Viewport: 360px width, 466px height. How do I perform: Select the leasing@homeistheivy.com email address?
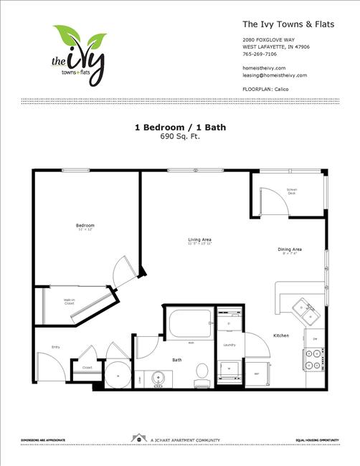(x=275, y=75)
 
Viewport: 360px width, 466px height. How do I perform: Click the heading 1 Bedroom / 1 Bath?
(x=179, y=128)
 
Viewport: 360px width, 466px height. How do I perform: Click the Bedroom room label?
(x=85, y=226)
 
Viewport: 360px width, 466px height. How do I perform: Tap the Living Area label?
(x=200, y=239)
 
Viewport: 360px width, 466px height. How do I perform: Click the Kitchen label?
(x=281, y=336)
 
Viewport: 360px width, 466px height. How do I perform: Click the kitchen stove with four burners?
(x=314, y=358)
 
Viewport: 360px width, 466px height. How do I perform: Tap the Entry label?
(x=55, y=348)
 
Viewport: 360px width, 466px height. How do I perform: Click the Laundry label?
(x=229, y=345)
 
